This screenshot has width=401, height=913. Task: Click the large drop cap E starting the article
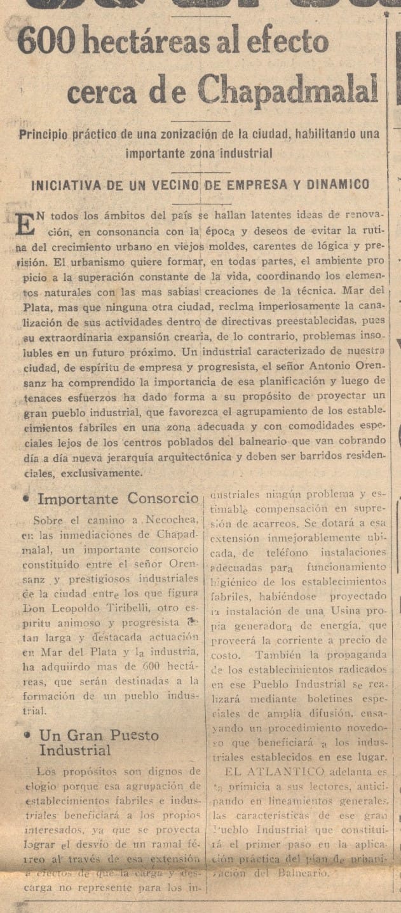[24, 224]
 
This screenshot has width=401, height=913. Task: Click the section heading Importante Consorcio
[118, 498]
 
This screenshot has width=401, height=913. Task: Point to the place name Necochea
[171, 520]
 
